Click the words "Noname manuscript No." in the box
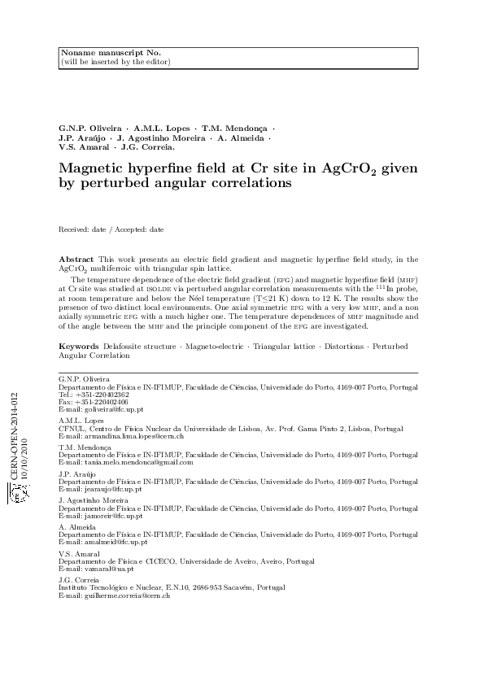coord(93,53)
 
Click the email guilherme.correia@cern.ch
coord(125,596)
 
